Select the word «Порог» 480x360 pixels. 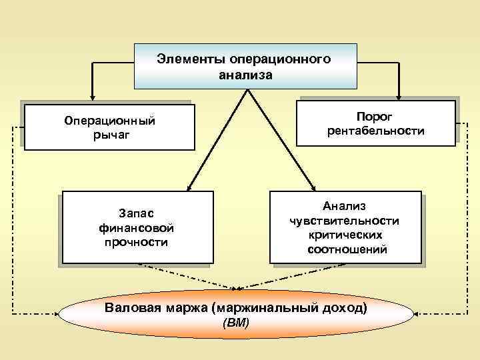[x=375, y=116]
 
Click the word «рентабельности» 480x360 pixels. [x=375, y=131]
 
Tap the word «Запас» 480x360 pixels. [x=135, y=213]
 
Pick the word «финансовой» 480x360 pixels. [x=135, y=227]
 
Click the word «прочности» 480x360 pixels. [x=135, y=241]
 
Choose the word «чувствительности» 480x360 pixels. [x=345, y=221]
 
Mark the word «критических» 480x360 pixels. [x=345, y=235]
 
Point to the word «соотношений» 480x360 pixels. [x=345, y=250]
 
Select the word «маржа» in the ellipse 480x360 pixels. [x=189, y=309]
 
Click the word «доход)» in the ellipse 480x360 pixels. [x=343, y=309]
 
